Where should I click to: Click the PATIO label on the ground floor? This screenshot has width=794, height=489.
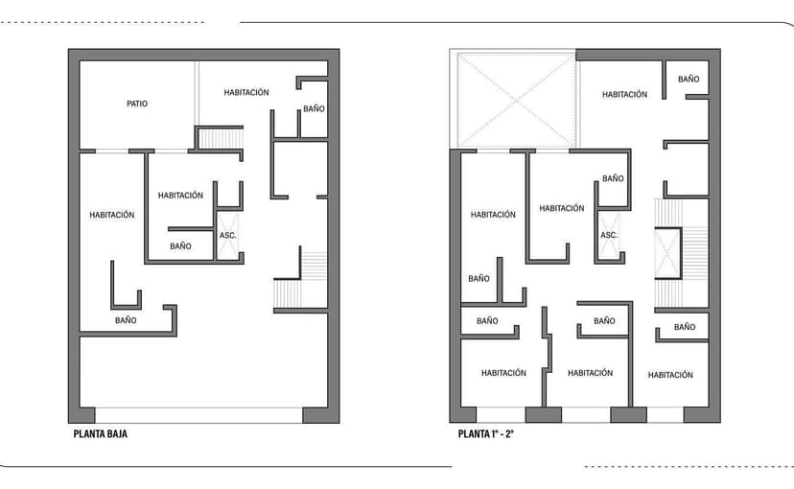(x=137, y=104)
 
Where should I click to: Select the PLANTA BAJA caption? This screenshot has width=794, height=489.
(x=100, y=433)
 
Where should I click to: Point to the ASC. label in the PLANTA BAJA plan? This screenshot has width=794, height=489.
(x=228, y=235)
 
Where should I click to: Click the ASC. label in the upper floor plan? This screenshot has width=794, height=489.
(x=609, y=235)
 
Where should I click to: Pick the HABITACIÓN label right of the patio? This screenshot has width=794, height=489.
(x=246, y=92)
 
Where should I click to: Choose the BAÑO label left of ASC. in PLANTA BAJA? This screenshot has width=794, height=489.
(x=180, y=246)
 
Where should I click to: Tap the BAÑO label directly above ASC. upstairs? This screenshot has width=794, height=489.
(x=613, y=178)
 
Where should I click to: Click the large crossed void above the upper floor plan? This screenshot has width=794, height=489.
(x=515, y=101)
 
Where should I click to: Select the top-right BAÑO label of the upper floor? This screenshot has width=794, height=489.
(x=689, y=79)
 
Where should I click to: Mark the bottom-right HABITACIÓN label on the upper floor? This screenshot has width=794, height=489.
(x=670, y=375)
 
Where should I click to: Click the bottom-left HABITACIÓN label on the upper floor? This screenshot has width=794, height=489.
(x=503, y=373)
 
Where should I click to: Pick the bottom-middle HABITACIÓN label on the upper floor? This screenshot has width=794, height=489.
(x=590, y=373)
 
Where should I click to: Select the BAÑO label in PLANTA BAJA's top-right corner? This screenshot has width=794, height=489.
(x=314, y=109)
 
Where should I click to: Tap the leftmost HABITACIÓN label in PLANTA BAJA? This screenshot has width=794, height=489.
(x=112, y=215)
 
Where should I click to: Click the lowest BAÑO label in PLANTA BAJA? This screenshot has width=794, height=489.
(x=126, y=320)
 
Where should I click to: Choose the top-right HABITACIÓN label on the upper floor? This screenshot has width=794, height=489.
(x=624, y=94)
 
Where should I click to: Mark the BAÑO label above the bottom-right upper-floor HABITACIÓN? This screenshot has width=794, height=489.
(x=684, y=327)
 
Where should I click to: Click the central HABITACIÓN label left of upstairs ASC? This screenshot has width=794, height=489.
(x=561, y=208)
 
